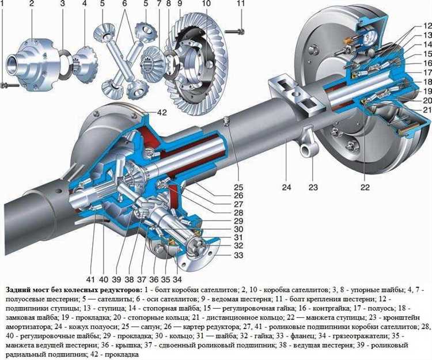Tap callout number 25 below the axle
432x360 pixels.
238,187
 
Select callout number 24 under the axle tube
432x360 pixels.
286,187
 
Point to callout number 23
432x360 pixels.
313,187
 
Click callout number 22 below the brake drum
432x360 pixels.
365,187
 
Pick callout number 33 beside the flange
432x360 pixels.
238,255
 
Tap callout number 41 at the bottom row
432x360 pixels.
90,279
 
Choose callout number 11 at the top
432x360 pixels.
241,3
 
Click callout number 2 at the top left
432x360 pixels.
32,3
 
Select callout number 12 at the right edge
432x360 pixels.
427,26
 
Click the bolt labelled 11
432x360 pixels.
235,32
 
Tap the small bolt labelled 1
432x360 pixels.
9,85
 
